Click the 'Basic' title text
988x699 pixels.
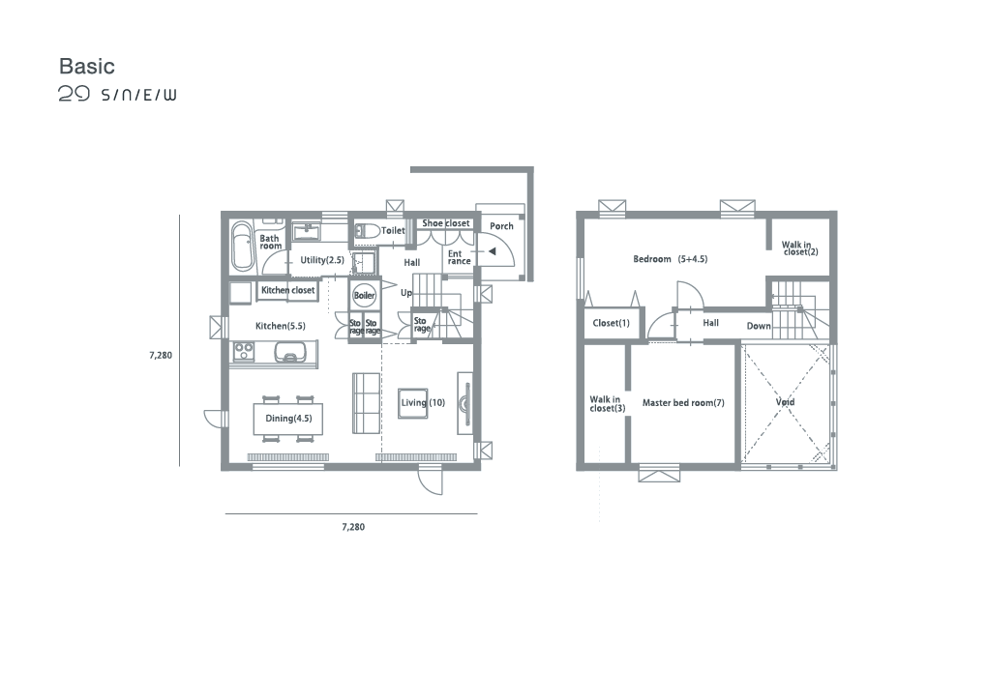87,66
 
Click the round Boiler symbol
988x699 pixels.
364,295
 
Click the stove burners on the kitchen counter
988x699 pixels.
244,351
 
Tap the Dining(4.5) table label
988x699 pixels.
288,418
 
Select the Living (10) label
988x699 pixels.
423,403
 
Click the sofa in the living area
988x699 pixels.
366,403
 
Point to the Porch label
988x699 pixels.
501,226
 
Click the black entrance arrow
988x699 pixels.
493,251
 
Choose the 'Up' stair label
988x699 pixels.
406,293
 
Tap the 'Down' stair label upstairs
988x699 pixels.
759,326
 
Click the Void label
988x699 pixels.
785,402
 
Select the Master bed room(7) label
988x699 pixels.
683,403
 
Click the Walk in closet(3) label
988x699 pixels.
608,404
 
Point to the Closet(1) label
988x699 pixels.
612,323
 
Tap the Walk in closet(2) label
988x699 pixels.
799,248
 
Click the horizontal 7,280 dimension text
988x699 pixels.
353,527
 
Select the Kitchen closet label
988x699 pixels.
288,290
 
